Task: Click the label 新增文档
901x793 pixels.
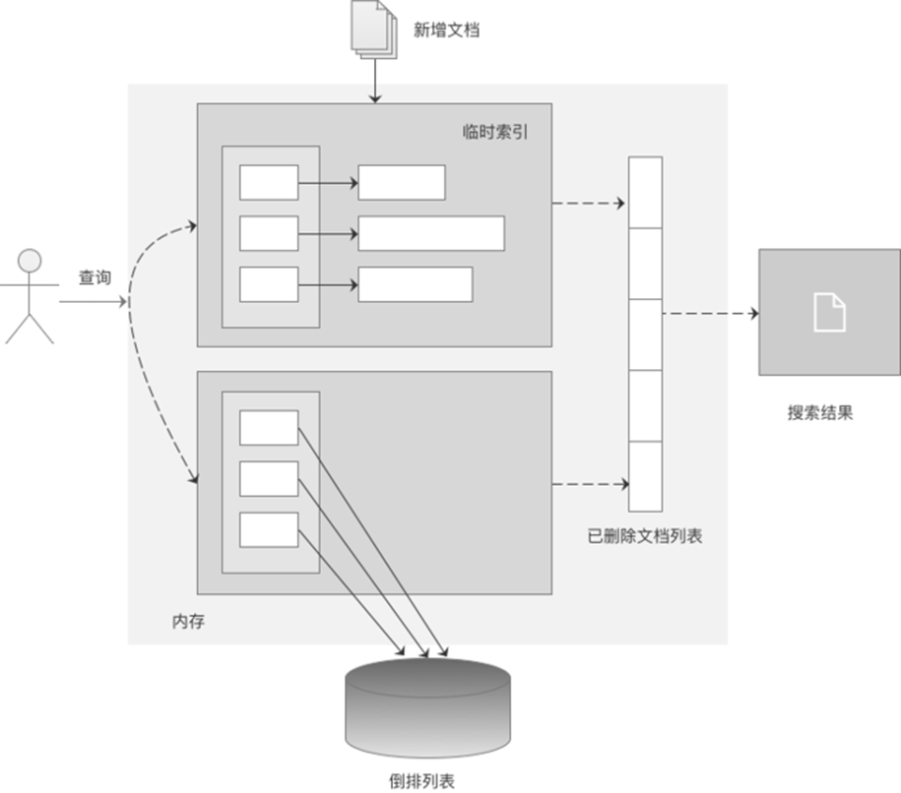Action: (x=445, y=30)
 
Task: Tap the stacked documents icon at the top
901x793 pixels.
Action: (x=372, y=30)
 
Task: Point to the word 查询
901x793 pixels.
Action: (x=95, y=278)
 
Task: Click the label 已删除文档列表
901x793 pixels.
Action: (x=645, y=537)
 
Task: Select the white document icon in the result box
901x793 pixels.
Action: (x=829, y=312)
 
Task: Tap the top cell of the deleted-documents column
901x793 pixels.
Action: (x=645, y=192)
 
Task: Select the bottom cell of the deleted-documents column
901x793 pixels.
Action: (x=645, y=476)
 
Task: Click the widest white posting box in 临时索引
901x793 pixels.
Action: (x=431, y=233)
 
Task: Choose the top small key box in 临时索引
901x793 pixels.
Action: (x=269, y=182)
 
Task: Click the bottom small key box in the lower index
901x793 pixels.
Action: (x=269, y=529)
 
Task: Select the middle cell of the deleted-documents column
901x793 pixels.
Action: (x=645, y=335)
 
